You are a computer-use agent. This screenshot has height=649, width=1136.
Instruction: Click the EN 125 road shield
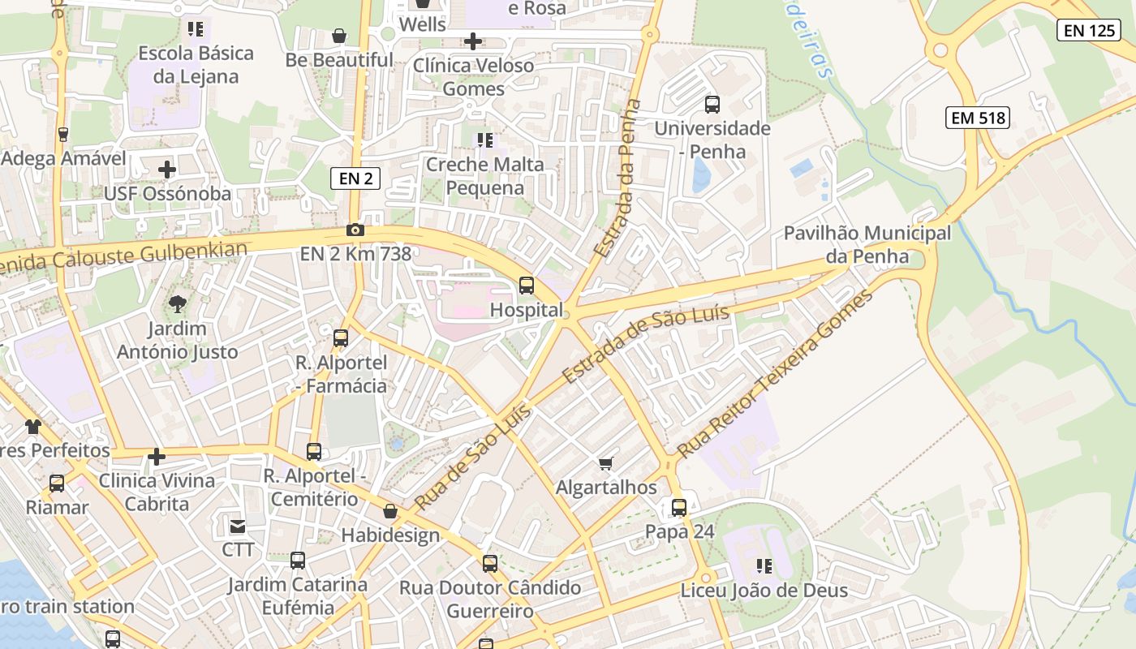(x=1089, y=31)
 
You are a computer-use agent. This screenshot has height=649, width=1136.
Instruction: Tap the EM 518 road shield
(x=978, y=118)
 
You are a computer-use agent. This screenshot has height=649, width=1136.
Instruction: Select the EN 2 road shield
(x=355, y=178)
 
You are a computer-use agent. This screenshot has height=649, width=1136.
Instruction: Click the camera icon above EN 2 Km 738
(x=355, y=230)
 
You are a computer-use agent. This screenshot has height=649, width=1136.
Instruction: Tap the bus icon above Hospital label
(x=527, y=286)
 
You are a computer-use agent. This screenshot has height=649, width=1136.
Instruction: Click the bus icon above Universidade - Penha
(x=712, y=105)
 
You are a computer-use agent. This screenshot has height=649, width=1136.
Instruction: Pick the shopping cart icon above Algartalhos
(x=605, y=463)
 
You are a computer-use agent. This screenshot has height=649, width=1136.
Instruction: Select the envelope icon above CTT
(x=238, y=527)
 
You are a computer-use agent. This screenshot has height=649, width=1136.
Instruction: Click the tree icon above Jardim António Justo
(x=177, y=305)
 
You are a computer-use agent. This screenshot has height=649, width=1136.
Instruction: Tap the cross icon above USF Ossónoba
(x=167, y=170)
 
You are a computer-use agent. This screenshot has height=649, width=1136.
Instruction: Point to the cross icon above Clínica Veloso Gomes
(x=473, y=41)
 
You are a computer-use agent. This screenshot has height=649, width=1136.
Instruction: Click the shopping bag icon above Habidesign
(x=390, y=511)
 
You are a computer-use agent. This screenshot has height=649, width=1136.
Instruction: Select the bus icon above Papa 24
(x=679, y=508)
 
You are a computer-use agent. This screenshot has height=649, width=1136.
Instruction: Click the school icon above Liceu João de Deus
(x=764, y=566)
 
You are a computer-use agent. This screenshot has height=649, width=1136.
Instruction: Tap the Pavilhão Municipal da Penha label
(x=867, y=245)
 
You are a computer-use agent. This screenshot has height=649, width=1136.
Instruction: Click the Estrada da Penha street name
(x=618, y=178)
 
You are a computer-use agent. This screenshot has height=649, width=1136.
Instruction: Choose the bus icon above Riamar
(x=57, y=484)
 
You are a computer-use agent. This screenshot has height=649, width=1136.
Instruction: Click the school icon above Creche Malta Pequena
(x=485, y=140)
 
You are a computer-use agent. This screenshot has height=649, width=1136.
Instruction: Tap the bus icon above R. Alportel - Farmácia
(x=341, y=338)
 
